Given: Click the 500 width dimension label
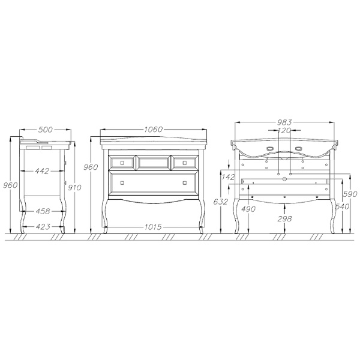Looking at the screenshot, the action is tap(45, 130).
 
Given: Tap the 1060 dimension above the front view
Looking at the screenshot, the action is tap(153, 130).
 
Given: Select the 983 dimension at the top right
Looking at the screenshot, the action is tap(284, 122).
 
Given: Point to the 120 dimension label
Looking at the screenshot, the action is tap(284, 130).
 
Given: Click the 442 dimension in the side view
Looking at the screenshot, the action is tap(42, 171).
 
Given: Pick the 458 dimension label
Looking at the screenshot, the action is tap(43, 211).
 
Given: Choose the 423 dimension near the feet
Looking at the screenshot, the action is tap(43, 227).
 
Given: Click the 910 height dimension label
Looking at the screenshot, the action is tap(75, 188).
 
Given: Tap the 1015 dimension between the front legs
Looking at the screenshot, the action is tap(153, 227).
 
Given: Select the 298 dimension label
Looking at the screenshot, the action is tap(284, 218).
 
